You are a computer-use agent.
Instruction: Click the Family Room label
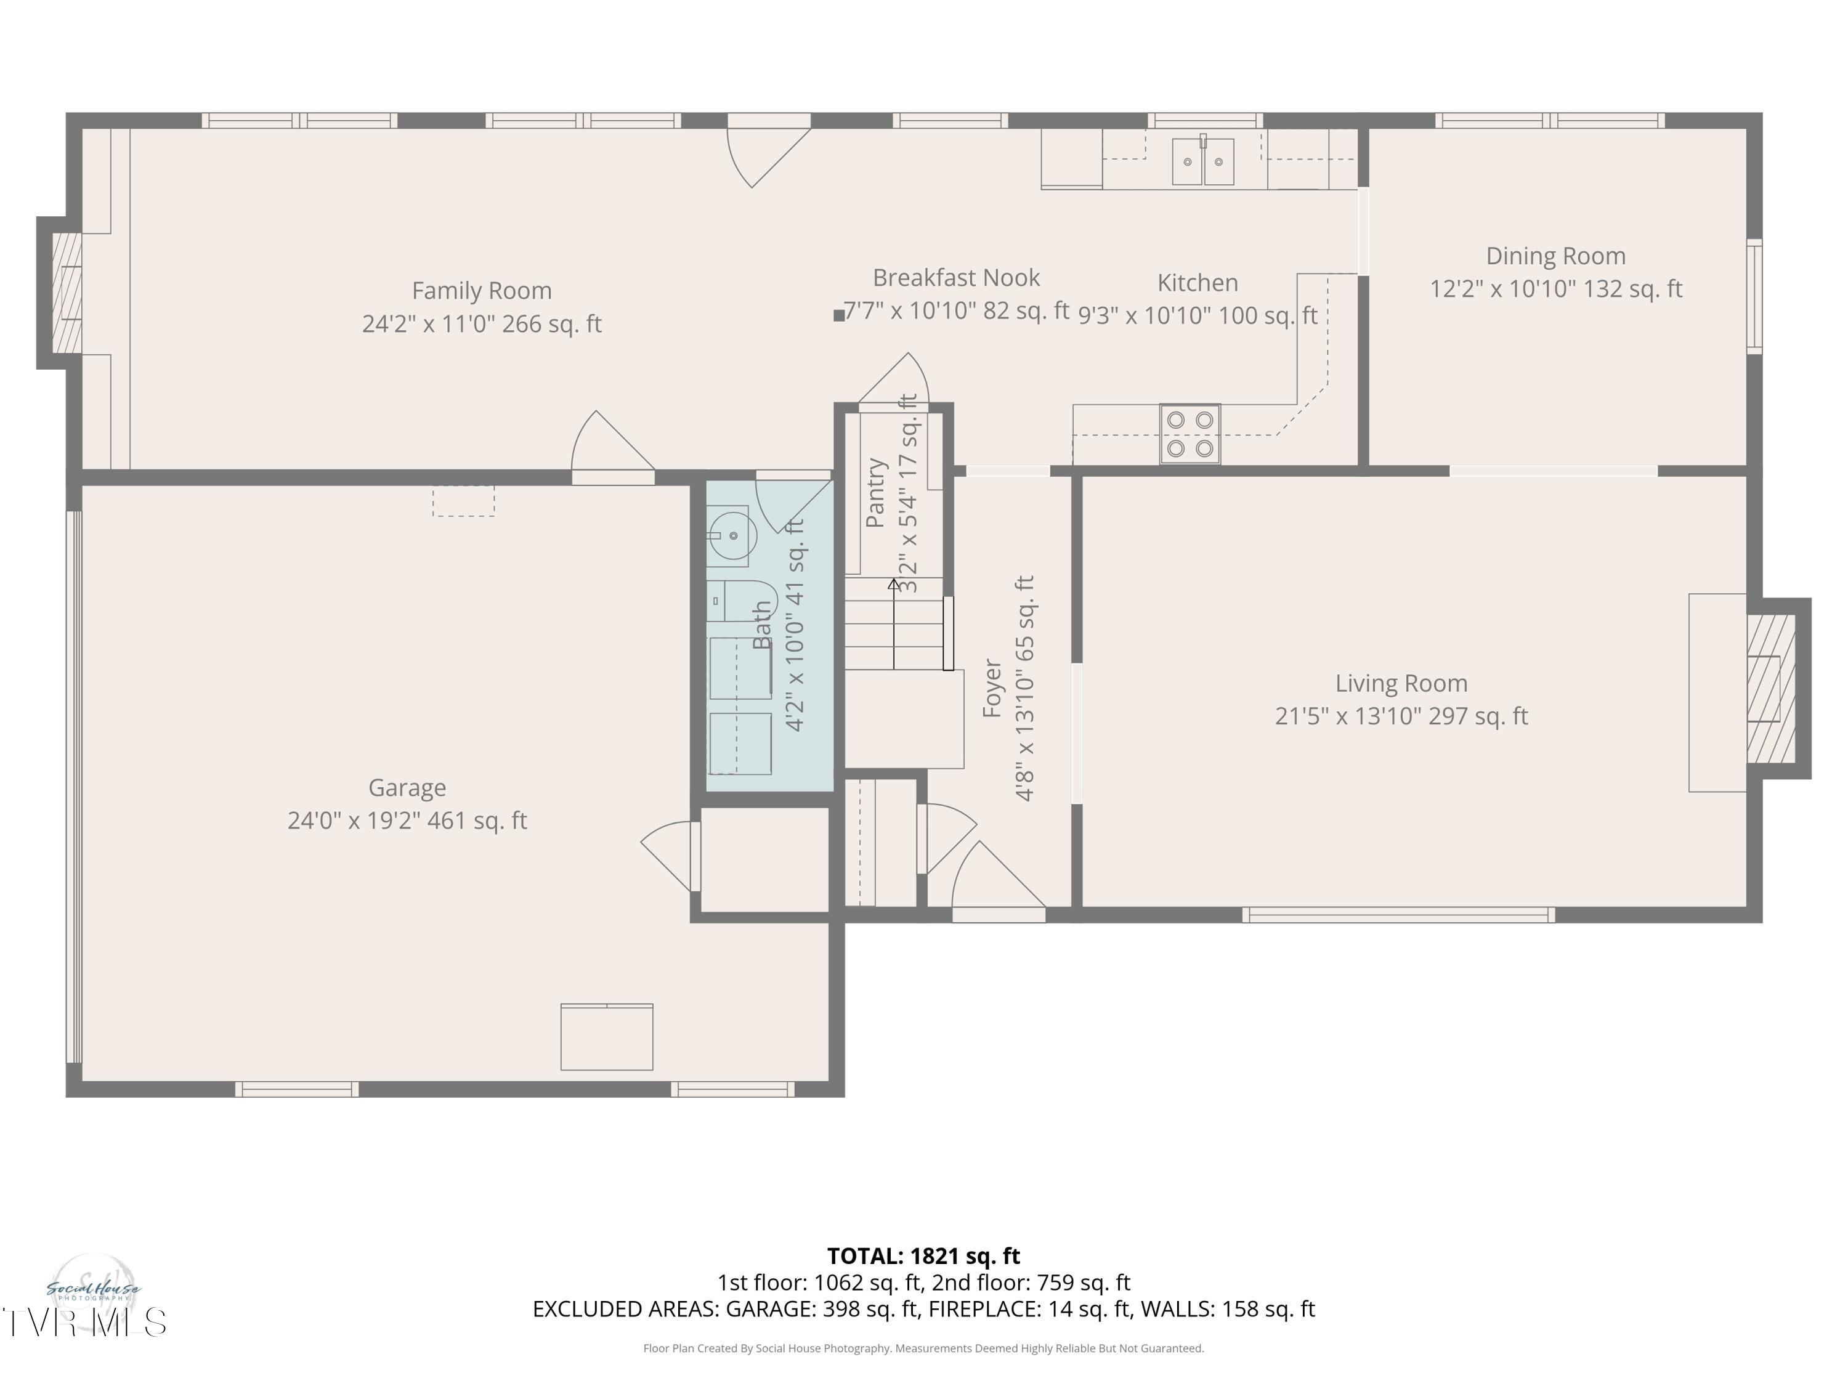pos(481,291)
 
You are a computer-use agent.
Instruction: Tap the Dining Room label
pos(1555,256)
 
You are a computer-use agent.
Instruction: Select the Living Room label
pos(1401,683)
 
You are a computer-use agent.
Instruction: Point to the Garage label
pos(407,788)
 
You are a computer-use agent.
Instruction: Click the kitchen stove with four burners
pos(1189,434)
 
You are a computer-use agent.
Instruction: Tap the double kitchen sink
pos(1202,161)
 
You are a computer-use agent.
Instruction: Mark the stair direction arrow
pos(894,622)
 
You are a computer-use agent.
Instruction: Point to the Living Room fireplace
pos(1770,689)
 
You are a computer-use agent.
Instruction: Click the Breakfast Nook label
pos(956,277)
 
